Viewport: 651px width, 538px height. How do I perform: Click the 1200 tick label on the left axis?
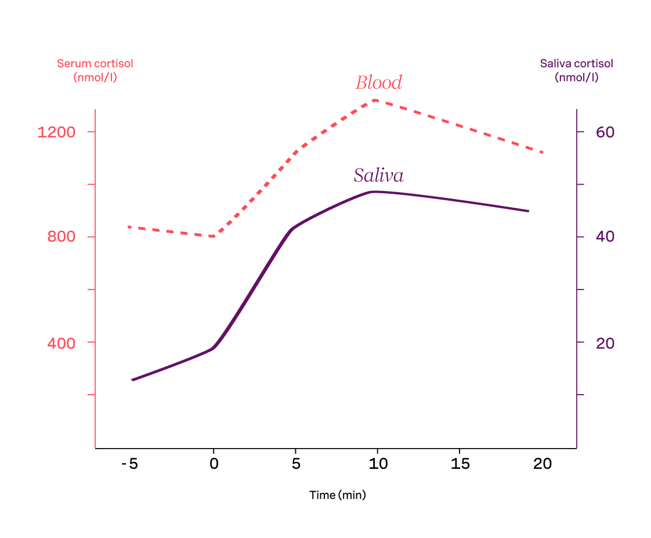point(56,132)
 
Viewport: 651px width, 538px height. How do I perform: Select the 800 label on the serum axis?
point(61,237)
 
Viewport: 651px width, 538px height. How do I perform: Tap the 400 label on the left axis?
point(61,343)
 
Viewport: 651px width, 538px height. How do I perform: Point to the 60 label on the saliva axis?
point(605,132)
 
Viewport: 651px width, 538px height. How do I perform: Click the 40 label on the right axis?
point(605,237)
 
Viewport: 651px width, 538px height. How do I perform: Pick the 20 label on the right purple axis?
point(605,343)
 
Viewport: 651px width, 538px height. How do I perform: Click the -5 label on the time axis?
point(130,464)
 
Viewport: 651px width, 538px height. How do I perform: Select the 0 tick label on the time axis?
point(214,464)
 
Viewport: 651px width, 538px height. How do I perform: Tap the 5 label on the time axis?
point(296,464)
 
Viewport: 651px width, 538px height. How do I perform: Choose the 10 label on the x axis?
point(378,464)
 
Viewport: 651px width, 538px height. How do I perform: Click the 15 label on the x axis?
point(460,464)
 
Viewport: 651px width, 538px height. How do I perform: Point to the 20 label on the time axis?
point(542,464)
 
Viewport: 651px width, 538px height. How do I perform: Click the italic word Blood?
point(378,83)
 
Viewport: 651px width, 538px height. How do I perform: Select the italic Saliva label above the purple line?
point(378,175)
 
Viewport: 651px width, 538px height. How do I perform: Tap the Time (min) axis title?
point(338,495)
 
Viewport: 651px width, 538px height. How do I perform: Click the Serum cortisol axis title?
point(95,70)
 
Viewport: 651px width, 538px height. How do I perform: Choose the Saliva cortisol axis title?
point(576,70)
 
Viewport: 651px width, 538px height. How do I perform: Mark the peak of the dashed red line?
point(376,100)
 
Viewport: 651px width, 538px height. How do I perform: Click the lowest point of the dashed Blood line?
point(213,236)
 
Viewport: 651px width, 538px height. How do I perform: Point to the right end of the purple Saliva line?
point(528,211)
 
